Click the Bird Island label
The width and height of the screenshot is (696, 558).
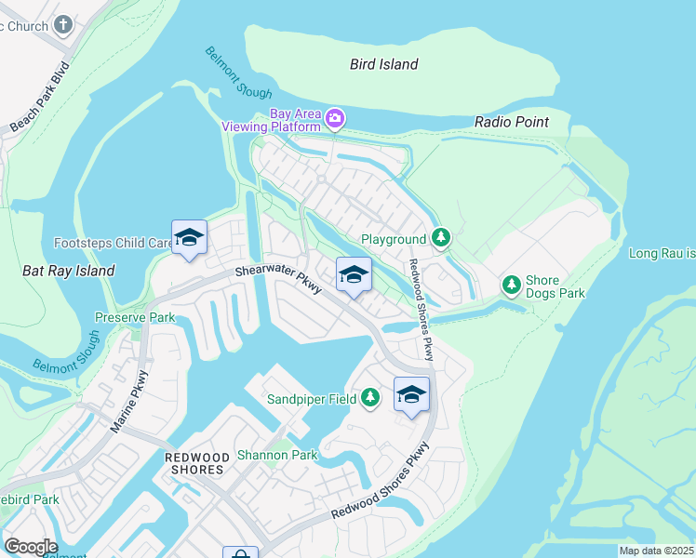tap(384, 64)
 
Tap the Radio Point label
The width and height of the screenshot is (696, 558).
tap(511, 122)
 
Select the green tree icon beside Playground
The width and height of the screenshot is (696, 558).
tap(441, 239)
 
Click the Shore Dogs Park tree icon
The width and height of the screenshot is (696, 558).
tap(511, 285)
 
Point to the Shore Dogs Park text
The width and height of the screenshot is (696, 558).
tap(555, 286)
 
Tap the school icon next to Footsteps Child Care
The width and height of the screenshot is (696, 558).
tap(189, 237)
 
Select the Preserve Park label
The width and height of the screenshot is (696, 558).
tap(135, 316)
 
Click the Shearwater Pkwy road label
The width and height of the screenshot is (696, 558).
tap(278, 278)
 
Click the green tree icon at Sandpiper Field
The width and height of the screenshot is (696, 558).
tap(370, 398)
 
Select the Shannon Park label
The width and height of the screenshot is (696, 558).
tap(277, 455)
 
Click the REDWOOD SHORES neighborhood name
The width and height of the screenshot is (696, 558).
tap(194, 463)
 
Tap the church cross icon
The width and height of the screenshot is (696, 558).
tap(63, 25)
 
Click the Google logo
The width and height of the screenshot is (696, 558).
tap(31, 547)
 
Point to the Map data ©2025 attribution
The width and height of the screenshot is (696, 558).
tap(656, 551)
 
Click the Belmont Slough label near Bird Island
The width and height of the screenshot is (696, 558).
tap(239, 73)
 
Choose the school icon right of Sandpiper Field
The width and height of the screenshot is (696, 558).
tap(411, 393)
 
